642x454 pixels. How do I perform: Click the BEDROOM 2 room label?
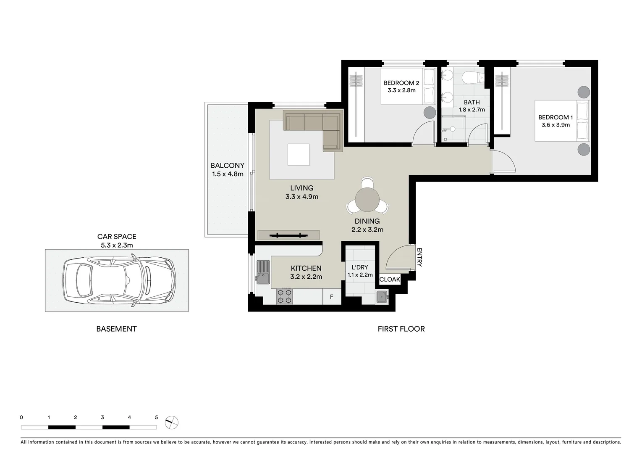point(401,83)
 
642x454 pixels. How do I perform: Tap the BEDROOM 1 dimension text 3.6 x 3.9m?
point(556,125)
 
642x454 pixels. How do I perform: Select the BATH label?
point(472,102)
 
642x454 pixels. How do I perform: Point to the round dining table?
point(367,200)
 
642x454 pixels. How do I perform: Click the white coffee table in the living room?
point(299,155)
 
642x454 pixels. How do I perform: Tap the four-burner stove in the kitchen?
point(285,296)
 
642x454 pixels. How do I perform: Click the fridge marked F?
point(331,297)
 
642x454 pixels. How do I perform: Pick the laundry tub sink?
point(382,297)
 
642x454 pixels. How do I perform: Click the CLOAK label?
point(390,279)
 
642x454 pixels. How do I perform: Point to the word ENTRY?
point(419,257)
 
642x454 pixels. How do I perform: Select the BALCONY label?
point(227,166)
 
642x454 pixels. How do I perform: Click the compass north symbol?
point(172,422)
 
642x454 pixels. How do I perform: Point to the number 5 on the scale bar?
point(157,417)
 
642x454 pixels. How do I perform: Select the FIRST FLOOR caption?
point(401,329)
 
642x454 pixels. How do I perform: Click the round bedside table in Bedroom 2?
point(429,112)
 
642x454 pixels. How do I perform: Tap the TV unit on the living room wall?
point(288,235)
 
